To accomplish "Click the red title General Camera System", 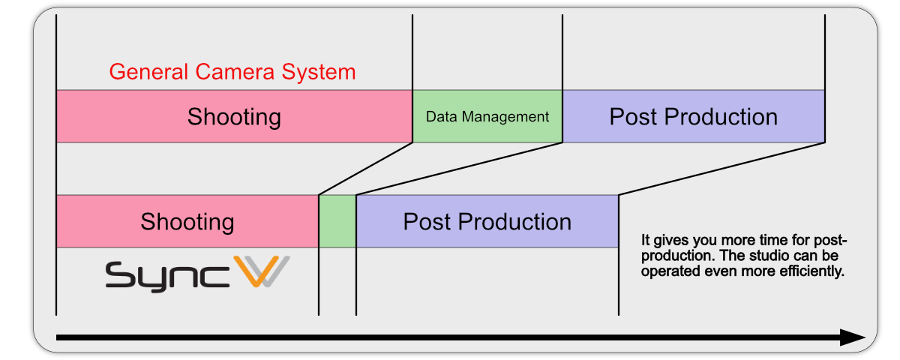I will [x=232, y=72].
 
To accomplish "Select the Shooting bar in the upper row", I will [x=234, y=116].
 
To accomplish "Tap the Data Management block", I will [x=487, y=116].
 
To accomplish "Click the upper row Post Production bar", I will [x=694, y=116].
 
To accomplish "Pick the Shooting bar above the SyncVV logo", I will [x=187, y=221].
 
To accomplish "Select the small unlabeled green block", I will [x=337, y=221].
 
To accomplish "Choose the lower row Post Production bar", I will [x=487, y=221].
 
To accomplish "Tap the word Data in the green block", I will [x=442, y=117].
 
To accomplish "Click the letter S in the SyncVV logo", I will [x=121, y=274].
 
